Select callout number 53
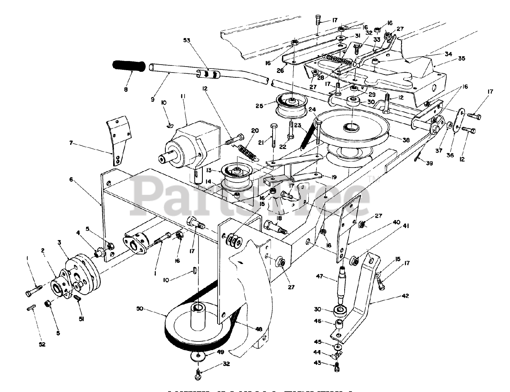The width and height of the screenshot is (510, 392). click(x=187, y=40)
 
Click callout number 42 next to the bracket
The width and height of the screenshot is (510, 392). click(x=405, y=296)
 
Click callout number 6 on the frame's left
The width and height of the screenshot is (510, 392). click(x=71, y=180)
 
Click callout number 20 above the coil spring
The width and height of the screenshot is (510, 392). click(x=255, y=130)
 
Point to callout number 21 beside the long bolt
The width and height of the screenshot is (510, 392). click(x=261, y=142)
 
